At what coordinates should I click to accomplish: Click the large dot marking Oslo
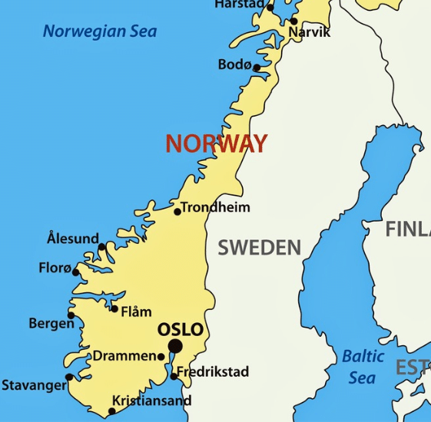click(175, 347)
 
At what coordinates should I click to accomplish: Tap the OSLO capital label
click(181, 330)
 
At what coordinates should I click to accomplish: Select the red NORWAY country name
click(217, 143)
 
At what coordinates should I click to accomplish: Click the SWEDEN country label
click(259, 247)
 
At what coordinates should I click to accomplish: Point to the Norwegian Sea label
click(100, 31)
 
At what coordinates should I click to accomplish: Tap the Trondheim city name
click(215, 207)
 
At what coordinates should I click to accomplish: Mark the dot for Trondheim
click(177, 211)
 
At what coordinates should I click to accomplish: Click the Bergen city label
click(51, 324)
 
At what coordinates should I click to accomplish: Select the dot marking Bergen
click(71, 315)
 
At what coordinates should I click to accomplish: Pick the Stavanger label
click(34, 385)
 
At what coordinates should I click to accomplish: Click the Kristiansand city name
click(151, 401)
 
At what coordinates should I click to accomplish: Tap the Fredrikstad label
click(213, 372)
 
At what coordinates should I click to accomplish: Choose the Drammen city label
click(124, 356)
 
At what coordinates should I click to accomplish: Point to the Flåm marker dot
click(114, 308)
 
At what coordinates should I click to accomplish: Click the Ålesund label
click(73, 239)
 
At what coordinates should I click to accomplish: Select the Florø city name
click(55, 268)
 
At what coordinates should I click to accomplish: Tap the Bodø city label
click(234, 65)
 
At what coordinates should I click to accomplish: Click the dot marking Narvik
click(293, 21)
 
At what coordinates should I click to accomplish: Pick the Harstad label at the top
click(239, 5)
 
